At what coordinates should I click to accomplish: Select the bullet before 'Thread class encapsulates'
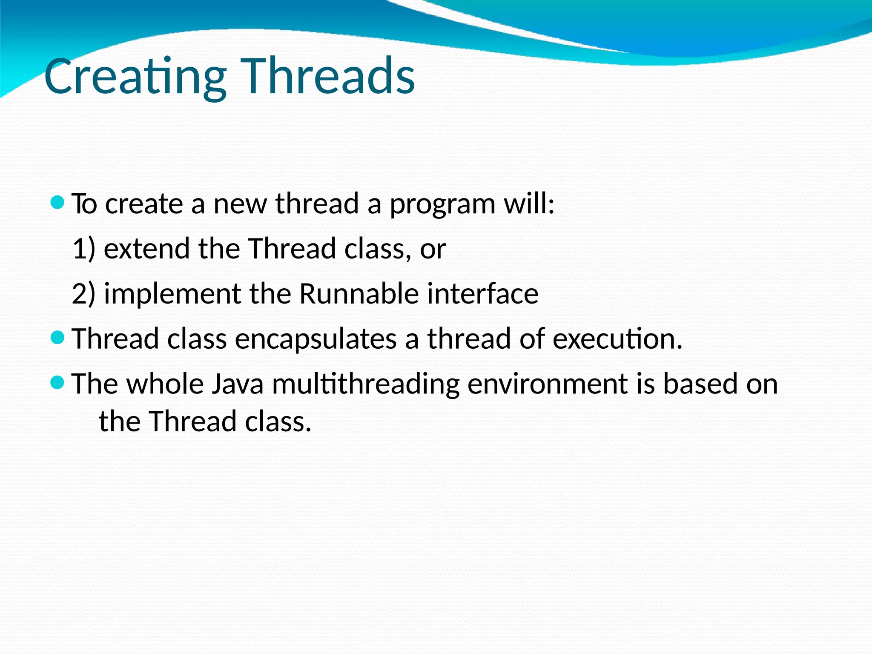click(57, 338)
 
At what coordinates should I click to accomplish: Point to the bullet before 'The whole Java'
click(57, 382)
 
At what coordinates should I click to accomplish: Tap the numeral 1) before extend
click(83, 249)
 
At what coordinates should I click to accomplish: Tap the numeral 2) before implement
click(83, 294)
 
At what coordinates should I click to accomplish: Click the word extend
click(146, 249)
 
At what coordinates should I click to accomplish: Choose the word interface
click(483, 294)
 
